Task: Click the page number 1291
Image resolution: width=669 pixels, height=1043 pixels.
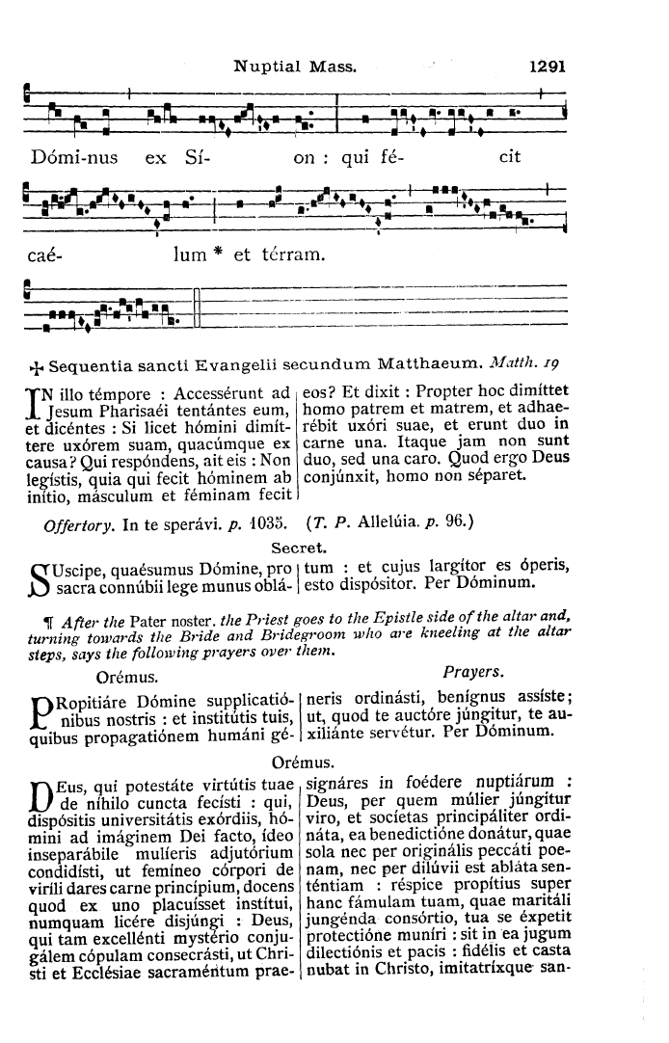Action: pyautogui.click(x=546, y=67)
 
